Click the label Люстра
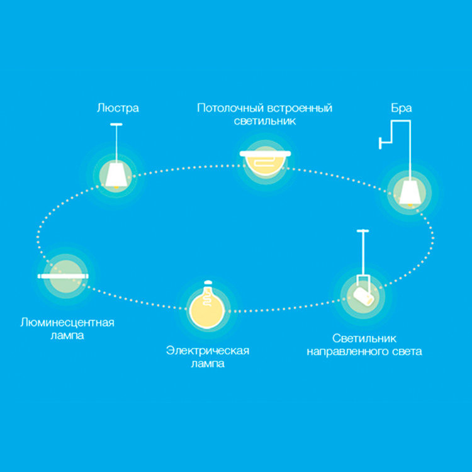point(118,108)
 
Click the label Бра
point(401,108)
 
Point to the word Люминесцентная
point(67,323)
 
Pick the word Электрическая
point(208,351)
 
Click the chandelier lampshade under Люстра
point(115,176)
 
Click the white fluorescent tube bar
point(63,276)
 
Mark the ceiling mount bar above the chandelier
point(115,126)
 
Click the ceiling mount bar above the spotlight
point(362,232)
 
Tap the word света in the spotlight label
point(405,352)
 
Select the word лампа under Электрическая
point(208,364)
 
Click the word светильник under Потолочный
point(264,121)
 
